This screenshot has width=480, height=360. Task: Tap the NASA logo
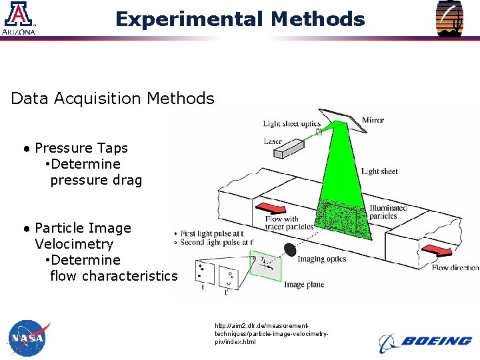click(29, 339)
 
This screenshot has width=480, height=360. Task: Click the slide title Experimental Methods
click(240, 19)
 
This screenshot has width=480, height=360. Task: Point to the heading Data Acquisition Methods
click(112, 99)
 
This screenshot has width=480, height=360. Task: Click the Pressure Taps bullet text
click(81, 148)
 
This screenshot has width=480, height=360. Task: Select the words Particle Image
click(83, 228)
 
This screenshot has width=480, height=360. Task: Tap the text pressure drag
click(96, 180)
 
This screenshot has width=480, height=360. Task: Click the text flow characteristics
click(113, 276)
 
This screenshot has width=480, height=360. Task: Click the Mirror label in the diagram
click(373, 121)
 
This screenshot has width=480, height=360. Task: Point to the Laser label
click(273, 141)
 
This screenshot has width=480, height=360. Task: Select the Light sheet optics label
click(291, 123)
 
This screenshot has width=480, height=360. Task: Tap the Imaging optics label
click(321, 259)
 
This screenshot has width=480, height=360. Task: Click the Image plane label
click(304, 285)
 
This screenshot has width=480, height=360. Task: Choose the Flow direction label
click(455, 267)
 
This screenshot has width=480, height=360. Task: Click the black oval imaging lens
click(290, 249)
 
